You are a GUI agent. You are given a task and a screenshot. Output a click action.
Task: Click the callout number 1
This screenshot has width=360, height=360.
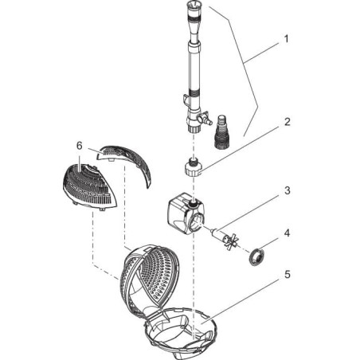(286, 39)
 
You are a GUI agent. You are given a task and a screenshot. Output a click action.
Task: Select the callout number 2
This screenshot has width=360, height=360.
(288, 122)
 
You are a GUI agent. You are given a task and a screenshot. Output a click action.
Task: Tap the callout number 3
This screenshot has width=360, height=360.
(288, 190)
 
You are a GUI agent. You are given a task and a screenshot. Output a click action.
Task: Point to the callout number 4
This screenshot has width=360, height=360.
(287, 233)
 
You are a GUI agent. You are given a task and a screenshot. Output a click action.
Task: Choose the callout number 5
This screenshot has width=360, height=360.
(288, 275)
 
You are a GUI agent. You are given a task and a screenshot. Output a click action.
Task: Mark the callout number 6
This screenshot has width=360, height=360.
(80, 146)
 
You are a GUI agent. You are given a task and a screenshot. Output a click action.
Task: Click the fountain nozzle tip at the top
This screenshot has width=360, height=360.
(193, 6)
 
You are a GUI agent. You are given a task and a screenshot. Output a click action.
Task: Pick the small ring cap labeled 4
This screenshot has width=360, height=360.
(256, 256)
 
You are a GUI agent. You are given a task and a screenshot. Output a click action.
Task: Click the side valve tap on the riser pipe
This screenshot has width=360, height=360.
(205, 119)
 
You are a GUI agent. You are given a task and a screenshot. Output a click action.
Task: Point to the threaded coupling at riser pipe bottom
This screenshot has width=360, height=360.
(194, 129)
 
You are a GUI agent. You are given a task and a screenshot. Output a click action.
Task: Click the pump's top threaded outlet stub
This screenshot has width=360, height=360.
(193, 204)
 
